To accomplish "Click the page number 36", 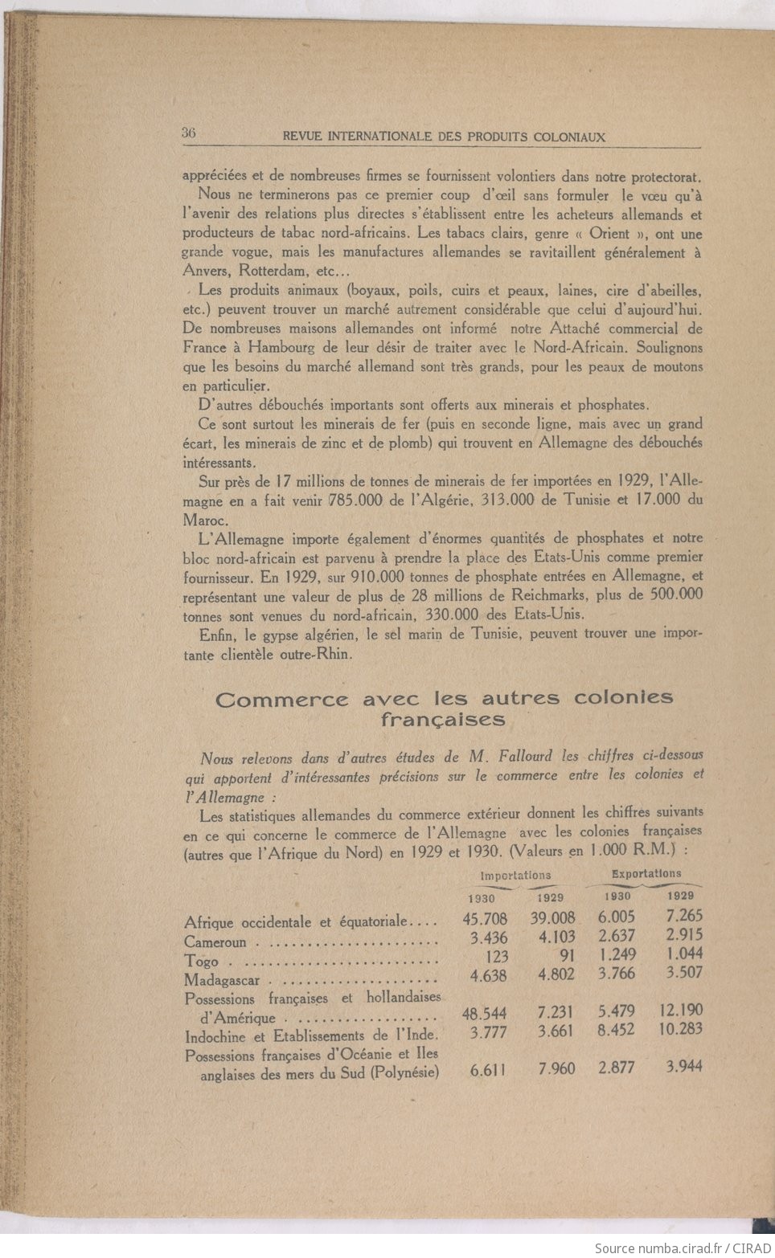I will pyautogui.click(x=189, y=133).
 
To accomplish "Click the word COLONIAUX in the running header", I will pyautogui.click(x=568, y=137).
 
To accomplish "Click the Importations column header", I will pyautogui.click(x=515, y=876).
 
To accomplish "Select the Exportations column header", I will pyautogui.click(x=646, y=873).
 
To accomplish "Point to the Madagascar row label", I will pyautogui.click(x=223, y=979).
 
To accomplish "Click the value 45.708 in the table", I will pyautogui.click(x=486, y=918).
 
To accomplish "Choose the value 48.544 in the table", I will pyautogui.click(x=486, y=1014).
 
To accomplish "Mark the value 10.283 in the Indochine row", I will pyautogui.click(x=678, y=1029).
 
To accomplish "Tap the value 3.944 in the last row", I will pyautogui.click(x=683, y=1067).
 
